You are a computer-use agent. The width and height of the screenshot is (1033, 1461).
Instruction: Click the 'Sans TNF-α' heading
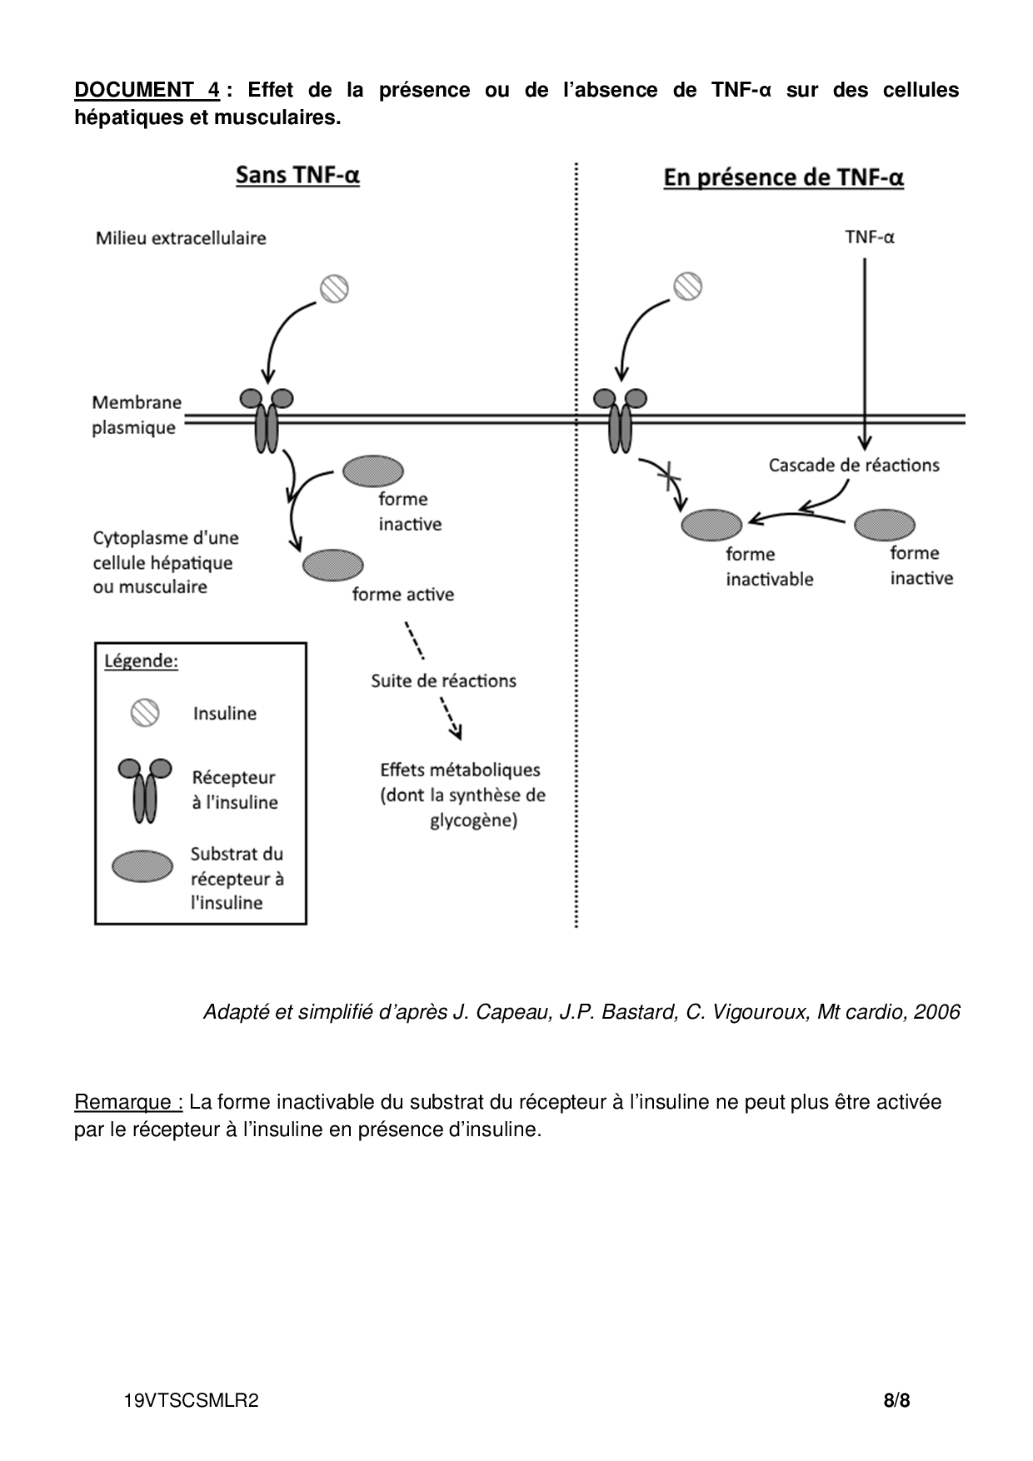click(297, 176)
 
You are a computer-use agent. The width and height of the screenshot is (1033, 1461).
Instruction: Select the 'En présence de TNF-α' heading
click(783, 178)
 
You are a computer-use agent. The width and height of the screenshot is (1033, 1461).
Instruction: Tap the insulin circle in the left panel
click(334, 289)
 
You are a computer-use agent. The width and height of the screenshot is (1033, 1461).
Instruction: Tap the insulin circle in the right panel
click(687, 287)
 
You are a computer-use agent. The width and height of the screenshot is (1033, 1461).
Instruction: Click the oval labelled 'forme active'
click(332, 565)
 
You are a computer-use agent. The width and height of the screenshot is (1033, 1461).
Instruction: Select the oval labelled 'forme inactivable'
click(711, 525)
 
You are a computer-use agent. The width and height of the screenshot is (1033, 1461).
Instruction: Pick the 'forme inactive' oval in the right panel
click(885, 525)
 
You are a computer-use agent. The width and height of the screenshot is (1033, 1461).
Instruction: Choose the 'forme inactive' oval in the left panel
click(373, 471)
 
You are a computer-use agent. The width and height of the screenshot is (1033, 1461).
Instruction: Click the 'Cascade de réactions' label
click(854, 465)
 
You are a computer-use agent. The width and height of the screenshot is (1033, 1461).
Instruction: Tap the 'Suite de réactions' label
click(443, 681)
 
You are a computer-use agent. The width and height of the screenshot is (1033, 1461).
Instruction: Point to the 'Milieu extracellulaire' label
click(181, 238)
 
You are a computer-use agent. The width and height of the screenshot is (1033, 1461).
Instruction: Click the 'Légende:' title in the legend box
click(141, 661)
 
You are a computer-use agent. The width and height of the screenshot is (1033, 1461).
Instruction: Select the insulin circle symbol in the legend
click(144, 713)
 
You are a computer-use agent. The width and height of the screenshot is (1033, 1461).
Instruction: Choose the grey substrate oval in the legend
click(142, 866)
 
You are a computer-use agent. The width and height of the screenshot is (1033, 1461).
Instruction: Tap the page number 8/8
click(896, 1400)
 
